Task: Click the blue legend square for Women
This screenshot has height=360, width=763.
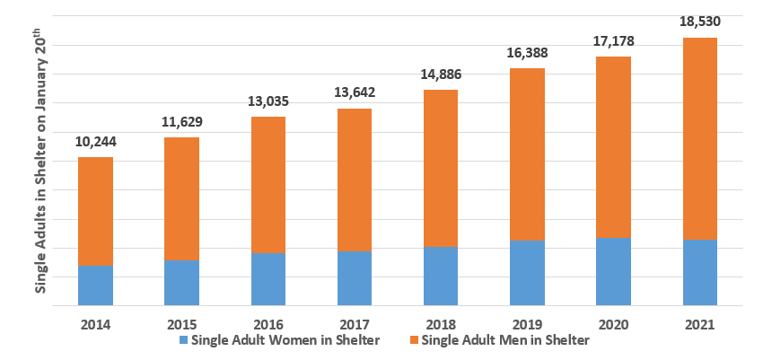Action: pos(184,341)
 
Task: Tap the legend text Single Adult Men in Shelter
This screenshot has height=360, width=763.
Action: pos(504,340)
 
